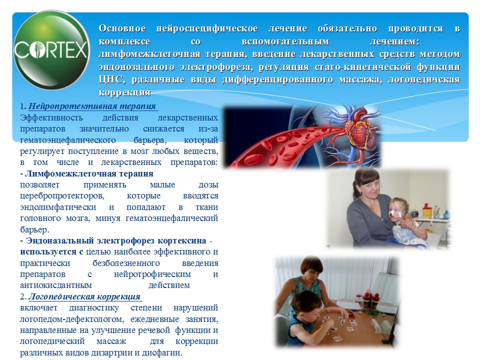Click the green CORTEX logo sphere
point(51,50)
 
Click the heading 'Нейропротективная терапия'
point(92,106)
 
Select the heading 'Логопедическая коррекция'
point(84,296)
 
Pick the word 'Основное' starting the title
point(122,28)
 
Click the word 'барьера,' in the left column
point(150,140)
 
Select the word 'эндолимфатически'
point(58,207)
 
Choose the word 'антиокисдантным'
point(56,285)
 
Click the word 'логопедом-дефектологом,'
point(72,319)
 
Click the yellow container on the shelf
point(426,211)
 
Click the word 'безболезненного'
point(126,263)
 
